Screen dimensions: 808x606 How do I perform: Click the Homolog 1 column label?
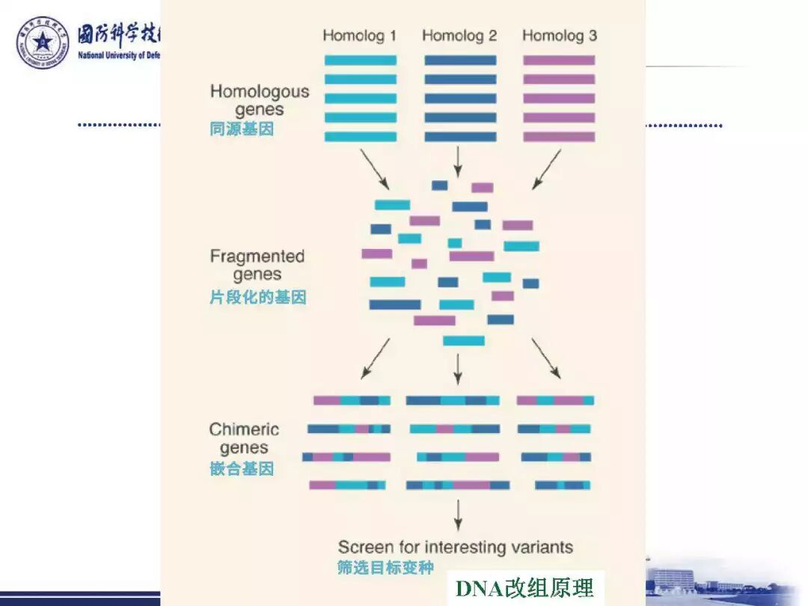tap(359, 35)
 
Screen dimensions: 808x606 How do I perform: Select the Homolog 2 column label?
tap(459, 35)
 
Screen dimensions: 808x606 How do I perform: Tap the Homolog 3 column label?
tap(560, 35)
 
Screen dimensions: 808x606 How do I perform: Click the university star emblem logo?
tap(43, 43)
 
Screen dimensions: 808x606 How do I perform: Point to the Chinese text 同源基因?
tap(242, 129)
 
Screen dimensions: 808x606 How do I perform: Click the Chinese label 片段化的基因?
tap(257, 298)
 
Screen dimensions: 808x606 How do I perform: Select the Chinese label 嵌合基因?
tap(242, 469)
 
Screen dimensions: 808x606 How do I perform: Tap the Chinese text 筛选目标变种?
tap(385, 567)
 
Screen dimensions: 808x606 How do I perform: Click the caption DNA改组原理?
tap(524, 588)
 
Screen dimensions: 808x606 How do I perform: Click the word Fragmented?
tap(257, 257)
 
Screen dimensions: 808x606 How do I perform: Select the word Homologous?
tap(259, 92)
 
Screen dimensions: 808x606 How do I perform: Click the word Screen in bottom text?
tap(364, 547)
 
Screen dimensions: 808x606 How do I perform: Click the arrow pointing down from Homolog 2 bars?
tap(459, 159)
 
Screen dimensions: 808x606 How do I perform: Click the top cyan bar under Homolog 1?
tap(360, 60)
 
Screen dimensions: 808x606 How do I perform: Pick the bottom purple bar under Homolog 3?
tap(559, 137)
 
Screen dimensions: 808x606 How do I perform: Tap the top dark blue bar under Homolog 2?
tap(460, 60)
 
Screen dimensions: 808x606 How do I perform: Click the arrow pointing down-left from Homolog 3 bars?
tap(547, 169)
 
